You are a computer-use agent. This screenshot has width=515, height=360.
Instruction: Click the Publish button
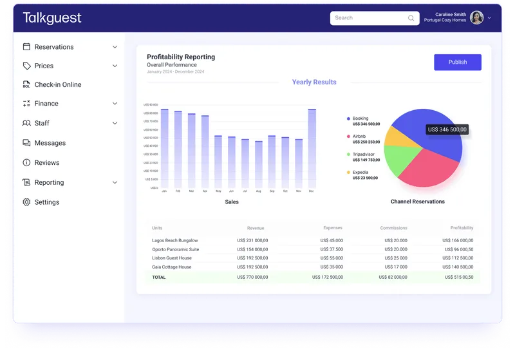(457, 62)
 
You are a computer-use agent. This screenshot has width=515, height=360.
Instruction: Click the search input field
(370, 18)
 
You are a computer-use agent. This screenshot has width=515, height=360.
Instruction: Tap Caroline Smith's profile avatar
(476, 18)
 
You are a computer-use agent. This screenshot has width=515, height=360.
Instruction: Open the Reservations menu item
(54, 47)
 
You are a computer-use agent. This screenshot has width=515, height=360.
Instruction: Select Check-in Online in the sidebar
(57, 84)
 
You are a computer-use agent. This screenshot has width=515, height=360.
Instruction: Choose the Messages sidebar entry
(50, 143)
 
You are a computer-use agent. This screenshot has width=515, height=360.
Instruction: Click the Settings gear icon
(26, 202)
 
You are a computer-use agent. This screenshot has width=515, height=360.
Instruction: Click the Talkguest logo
(52, 18)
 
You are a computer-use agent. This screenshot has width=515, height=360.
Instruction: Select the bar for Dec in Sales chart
(312, 148)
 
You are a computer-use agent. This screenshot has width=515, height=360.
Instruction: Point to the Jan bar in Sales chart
(164, 148)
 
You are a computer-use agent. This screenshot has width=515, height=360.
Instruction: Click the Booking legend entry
(360, 118)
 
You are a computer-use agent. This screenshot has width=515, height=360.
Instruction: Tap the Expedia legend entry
(361, 173)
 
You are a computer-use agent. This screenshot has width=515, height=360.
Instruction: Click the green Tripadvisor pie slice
(402, 162)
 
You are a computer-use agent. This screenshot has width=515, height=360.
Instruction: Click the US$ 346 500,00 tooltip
(447, 129)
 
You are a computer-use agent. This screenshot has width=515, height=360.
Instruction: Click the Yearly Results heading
(314, 82)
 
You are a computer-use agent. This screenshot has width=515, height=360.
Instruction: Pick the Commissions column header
(393, 228)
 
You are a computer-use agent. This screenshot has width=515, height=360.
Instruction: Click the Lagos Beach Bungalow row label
(175, 241)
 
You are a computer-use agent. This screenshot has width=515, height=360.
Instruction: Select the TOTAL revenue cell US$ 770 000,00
(253, 278)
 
